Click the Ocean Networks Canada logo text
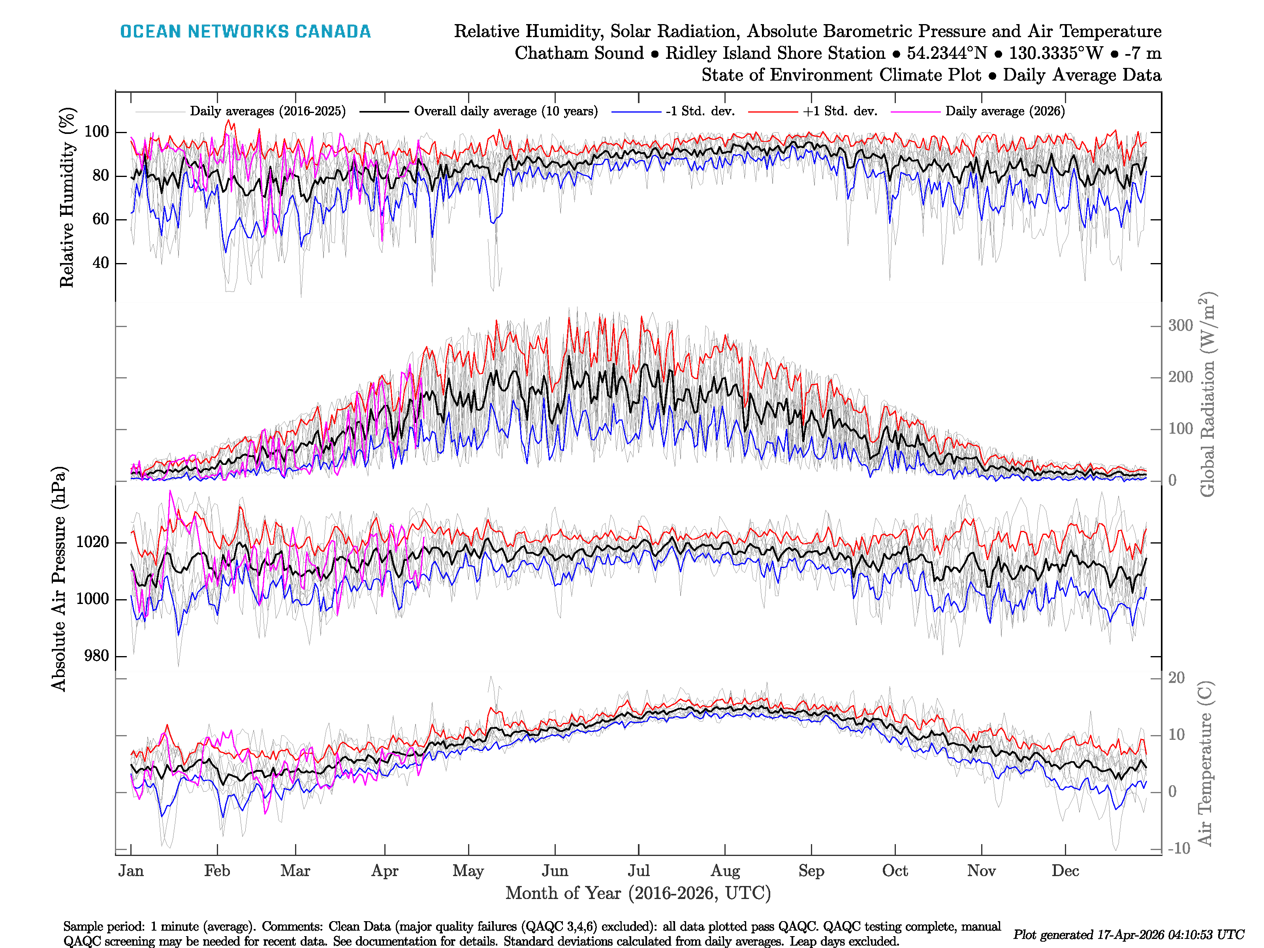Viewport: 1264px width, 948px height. pyautogui.click(x=245, y=32)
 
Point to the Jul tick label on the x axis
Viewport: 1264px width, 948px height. pyautogui.click(x=638, y=871)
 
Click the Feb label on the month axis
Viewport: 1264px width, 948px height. pyautogui.click(x=217, y=871)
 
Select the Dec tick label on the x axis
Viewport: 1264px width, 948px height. pyautogui.click(x=1065, y=871)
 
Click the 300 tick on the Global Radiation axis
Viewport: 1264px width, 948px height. pyautogui.click(x=1181, y=326)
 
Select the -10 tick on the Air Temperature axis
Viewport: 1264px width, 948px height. pyautogui.click(x=1179, y=848)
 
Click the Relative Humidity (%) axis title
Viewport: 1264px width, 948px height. pyautogui.click(x=67, y=197)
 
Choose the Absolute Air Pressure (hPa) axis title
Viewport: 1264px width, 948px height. pyautogui.click(x=59, y=579)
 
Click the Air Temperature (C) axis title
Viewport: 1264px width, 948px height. pyautogui.click(x=1205, y=763)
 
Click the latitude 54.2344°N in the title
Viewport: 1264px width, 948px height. pyautogui.click(x=946, y=53)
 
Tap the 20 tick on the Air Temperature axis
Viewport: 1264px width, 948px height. pyautogui.click(x=1177, y=678)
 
